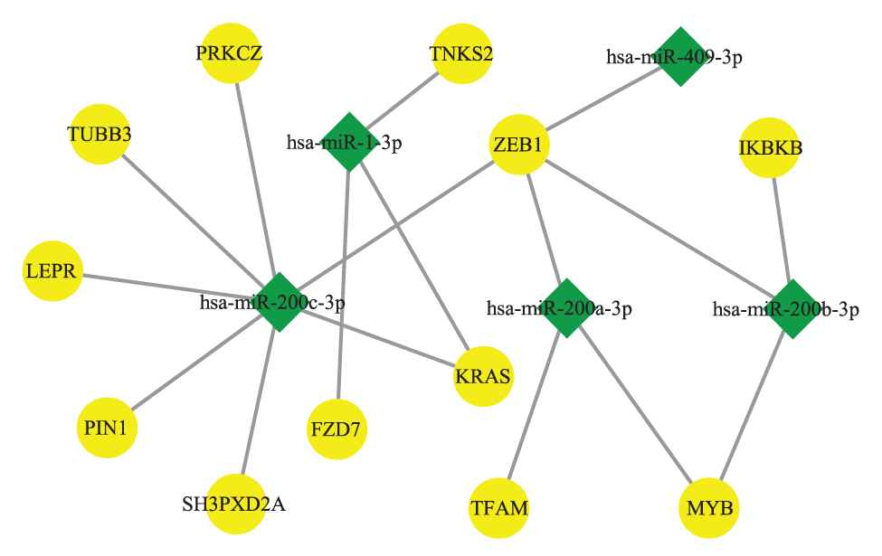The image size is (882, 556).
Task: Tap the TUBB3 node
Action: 99,136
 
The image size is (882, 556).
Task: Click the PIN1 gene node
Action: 107,426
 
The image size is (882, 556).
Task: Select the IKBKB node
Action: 770,146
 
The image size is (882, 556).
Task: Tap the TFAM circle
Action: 498,506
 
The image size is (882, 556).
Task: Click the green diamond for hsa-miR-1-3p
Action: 348,142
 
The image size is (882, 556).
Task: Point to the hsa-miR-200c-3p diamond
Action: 279,302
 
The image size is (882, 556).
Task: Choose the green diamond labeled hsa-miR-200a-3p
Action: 567,308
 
